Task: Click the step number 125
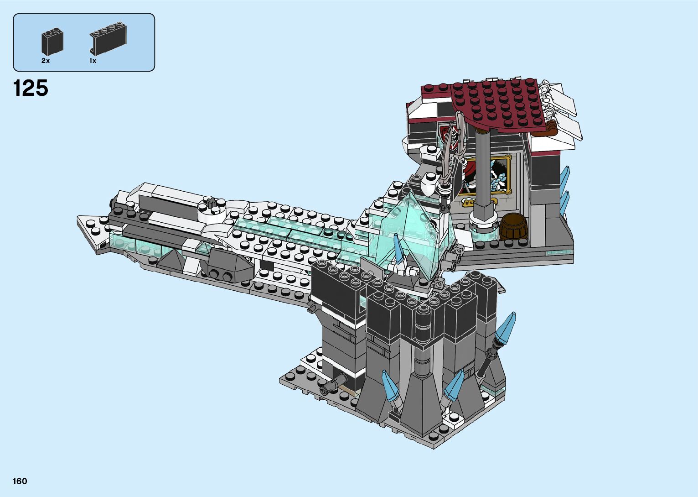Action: pos(31,88)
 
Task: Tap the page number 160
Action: pos(20,481)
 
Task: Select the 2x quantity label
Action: pos(46,61)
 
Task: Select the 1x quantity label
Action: pos(93,61)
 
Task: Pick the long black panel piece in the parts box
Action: pos(108,39)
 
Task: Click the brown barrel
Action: pos(513,227)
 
